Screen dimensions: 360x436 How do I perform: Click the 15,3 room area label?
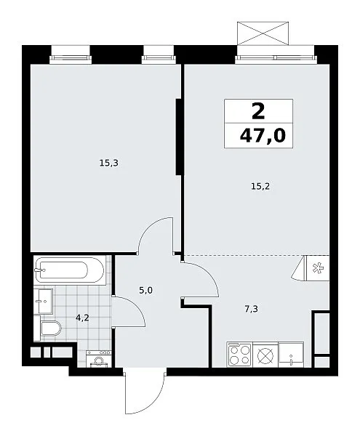[109, 163]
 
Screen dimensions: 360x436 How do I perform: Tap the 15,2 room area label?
[260, 187]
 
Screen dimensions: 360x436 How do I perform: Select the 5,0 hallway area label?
[145, 291]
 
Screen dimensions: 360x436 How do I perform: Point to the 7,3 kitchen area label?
[251, 309]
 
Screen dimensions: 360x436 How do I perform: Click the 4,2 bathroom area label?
[82, 318]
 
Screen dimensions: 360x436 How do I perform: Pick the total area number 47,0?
[263, 136]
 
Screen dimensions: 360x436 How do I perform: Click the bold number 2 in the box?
[258, 111]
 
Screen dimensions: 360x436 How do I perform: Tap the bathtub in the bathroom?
[70, 270]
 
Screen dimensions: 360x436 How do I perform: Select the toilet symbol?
[51, 328]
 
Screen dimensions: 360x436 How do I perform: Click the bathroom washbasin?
[43, 302]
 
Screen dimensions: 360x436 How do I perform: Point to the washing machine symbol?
[99, 359]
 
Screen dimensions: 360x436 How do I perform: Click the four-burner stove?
[239, 355]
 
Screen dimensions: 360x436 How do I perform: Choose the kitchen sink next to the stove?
[291, 355]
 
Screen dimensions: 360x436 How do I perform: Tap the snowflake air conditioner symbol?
[318, 269]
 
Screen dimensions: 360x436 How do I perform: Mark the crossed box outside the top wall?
[263, 33]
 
